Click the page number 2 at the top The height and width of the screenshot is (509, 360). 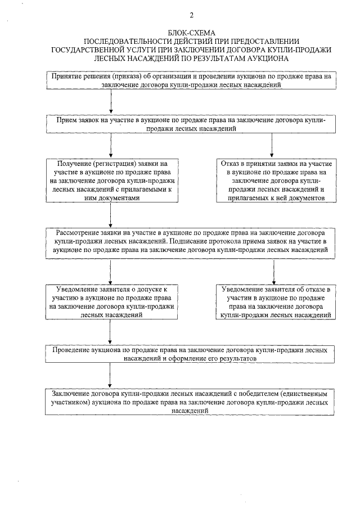pyautogui.click(x=191, y=15)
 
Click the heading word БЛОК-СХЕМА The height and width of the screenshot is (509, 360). pyautogui.click(x=191, y=34)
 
